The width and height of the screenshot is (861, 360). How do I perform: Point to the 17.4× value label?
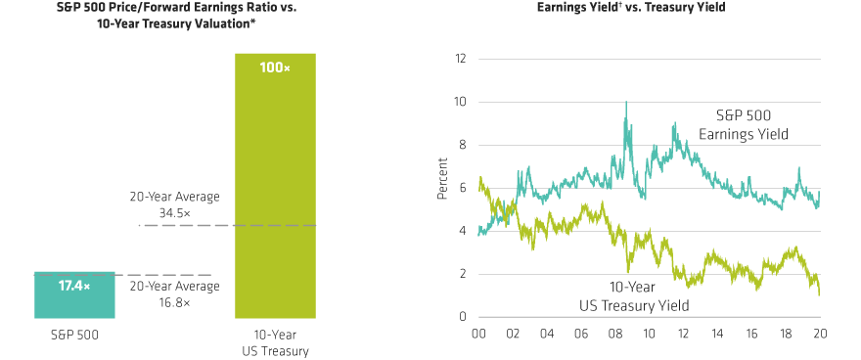(x=75, y=286)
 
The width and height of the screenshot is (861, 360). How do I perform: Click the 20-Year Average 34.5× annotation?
(x=174, y=203)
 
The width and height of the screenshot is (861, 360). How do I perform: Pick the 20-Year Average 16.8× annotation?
(x=174, y=293)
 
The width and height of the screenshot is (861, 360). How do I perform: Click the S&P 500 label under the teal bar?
(x=75, y=334)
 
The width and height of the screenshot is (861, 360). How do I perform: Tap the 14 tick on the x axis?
(x=717, y=334)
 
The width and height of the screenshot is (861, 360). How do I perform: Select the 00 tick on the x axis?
(x=477, y=334)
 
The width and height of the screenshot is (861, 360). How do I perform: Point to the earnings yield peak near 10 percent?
(x=626, y=104)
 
